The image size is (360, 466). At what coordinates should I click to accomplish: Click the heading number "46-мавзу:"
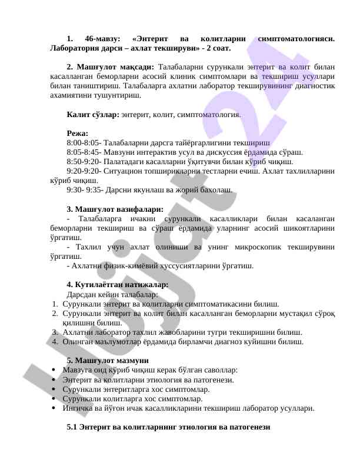point(110,38)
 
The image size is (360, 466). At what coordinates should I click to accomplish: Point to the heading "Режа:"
point(78,133)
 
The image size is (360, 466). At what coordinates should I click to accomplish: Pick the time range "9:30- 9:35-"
point(85,190)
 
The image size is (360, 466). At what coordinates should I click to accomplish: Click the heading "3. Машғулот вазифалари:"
point(115,209)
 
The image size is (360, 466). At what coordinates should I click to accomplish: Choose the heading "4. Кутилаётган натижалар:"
point(118,285)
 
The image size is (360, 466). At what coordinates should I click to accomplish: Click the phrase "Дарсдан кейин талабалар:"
point(112,294)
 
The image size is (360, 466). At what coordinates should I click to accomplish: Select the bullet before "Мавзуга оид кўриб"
point(54,370)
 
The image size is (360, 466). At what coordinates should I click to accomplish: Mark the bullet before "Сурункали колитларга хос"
point(54,398)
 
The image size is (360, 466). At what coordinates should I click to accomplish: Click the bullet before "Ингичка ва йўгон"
point(54,408)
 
